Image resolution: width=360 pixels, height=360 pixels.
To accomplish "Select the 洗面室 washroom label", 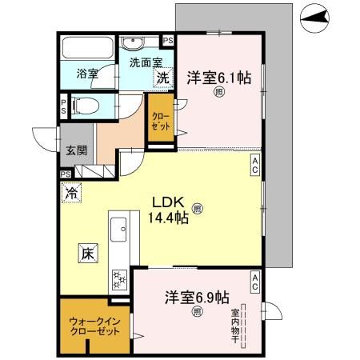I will (x=140, y=60).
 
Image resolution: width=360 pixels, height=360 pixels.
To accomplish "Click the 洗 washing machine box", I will (x=162, y=78).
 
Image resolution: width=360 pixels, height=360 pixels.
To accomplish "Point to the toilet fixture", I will (x=85, y=105).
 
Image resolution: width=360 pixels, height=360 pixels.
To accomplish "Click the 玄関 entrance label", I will (x=76, y=150).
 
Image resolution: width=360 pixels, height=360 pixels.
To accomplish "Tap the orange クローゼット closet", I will (x=160, y=119).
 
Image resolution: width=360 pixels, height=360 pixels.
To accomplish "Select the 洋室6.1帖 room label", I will (x=218, y=78).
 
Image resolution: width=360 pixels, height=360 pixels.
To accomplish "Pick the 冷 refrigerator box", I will (x=71, y=193).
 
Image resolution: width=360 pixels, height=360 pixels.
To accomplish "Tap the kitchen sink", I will (x=120, y=230).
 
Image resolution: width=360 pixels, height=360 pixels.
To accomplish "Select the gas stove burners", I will (x=120, y=279).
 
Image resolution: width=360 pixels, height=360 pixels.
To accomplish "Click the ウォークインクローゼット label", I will (x=94, y=327).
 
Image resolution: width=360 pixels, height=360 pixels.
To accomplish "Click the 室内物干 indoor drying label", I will (x=235, y=323).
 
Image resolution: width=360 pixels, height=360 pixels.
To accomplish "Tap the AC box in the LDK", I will (x=254, y=164).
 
